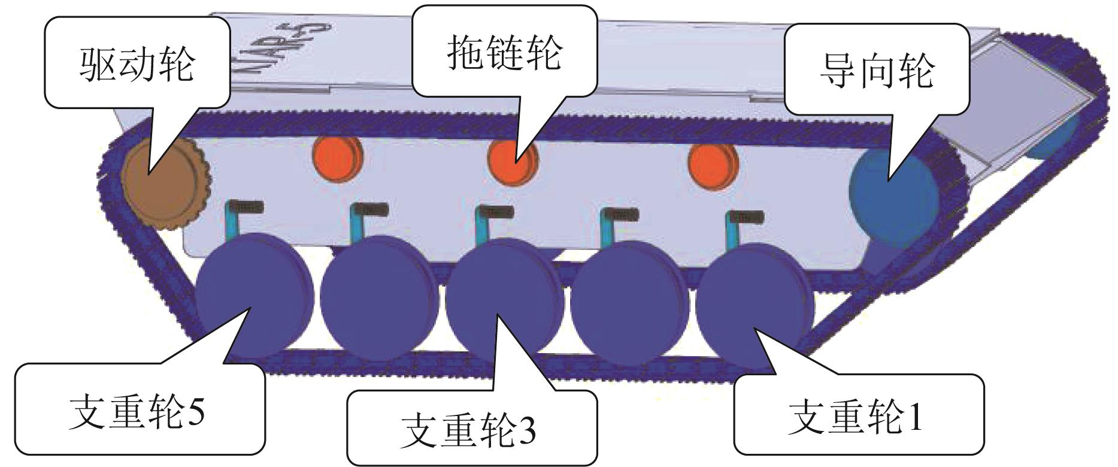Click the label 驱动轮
click(x=137, y=64)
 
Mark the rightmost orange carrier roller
click(x=712, y=165)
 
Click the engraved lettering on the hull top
click(x=281, y=45)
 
